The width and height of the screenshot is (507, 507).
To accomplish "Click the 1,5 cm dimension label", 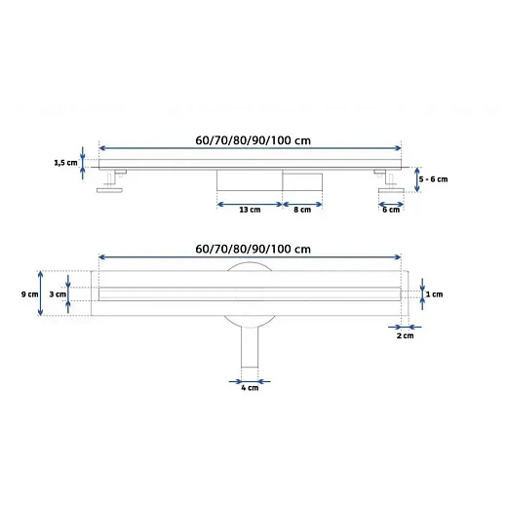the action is pos(65,163).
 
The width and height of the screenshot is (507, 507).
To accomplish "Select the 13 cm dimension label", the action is pos(250,210).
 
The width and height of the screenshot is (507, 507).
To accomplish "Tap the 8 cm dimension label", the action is pos(302,210).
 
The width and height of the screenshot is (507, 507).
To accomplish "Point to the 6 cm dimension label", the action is pos(391,210).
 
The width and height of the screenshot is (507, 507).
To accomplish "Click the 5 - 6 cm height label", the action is pos(433,179).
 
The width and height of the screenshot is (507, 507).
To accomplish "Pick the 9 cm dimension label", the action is pos(29,294).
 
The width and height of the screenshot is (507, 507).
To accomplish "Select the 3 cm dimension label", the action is pos(58,294).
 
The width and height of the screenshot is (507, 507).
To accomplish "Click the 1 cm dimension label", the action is pos(434,294).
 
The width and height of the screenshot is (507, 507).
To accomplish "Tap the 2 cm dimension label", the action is pos(405,335).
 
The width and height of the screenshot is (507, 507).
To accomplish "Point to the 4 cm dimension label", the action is pos(250,388).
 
